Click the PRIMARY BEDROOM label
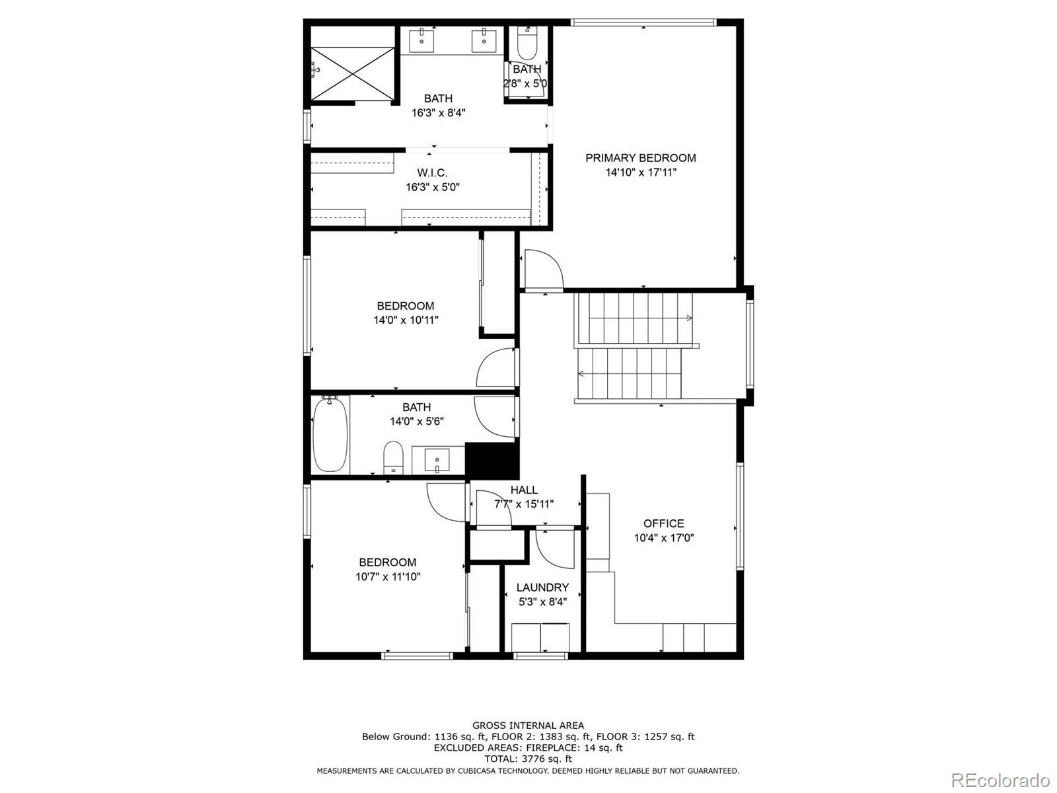tap(640, 158)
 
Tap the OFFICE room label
tap(663, 523)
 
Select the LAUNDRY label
tap(543, 587)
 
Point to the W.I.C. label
tap(433, 172)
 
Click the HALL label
tap(524, 490)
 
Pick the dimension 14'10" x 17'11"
tap(641, 172)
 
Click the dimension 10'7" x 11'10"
tap(388, 576)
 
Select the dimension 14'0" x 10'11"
tap(406, 320)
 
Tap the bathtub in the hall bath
tap(330, 435)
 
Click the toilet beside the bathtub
tap(393, 457)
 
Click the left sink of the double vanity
tap(422, 40)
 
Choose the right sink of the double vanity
tap(484, 40)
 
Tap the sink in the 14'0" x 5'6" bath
tap(437, 461)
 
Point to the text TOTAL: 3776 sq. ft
tap(528, 759)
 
